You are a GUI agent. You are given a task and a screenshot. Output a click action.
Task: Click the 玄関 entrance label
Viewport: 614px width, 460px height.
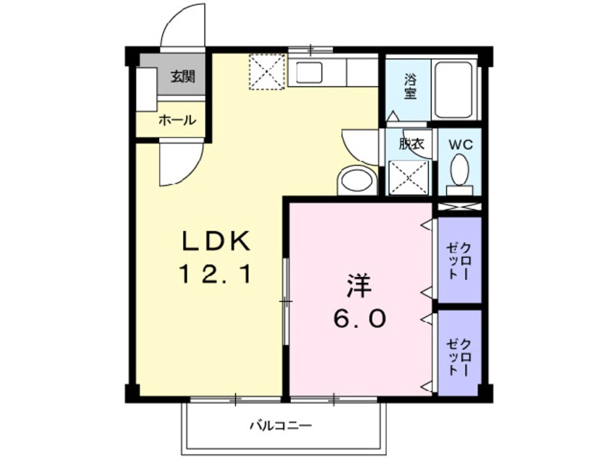pyautogui.click(x=182, y=77)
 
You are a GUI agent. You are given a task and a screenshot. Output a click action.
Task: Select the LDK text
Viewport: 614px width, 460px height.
pyautogui.click(x=216, y=239)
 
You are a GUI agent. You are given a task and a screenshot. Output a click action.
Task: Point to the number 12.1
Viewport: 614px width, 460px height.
pyautogui.click(x=216, y=274)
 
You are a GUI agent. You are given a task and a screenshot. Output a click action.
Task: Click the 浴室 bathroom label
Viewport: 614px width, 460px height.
pyautogui.click(x=410, y=86)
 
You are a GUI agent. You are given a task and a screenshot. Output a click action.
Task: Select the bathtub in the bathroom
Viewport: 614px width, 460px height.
pyautogui.click(x=454, y=89)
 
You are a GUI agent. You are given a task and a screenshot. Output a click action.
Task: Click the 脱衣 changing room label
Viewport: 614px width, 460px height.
pyautogui.click(x=410, y=144)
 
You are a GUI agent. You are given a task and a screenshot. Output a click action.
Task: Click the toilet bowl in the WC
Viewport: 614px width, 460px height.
pyautogui.click(x=459, y=172)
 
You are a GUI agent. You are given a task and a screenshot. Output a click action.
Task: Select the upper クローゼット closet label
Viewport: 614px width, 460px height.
pyautogui.click(x=459, y=259)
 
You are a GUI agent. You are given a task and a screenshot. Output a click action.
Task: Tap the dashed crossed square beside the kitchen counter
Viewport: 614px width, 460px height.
pyautogui.click(x=266, y=73)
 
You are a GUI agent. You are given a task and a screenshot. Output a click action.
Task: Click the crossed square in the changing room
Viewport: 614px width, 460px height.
pyautogui.click(x=409, y=177)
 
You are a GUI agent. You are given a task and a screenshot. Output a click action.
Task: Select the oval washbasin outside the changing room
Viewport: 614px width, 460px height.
pyautogui.click(x=357, y=179)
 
